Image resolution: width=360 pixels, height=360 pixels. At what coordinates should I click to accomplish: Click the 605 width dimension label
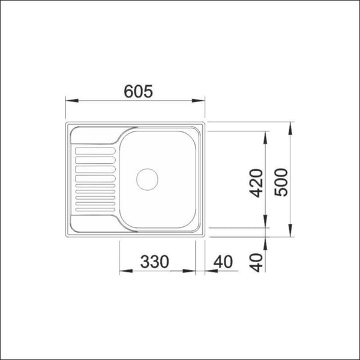coord(137,91)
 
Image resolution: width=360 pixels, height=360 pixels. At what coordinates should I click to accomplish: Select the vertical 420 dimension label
coord(257,184)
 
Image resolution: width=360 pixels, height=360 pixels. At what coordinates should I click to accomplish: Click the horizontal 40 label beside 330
coord(223,262)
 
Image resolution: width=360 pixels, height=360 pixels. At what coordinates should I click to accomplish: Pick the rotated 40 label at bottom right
coord(257,262)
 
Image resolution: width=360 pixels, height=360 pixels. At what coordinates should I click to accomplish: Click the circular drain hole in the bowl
coord(146,178)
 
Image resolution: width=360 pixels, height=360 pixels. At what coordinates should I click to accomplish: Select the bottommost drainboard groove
coord(94,209)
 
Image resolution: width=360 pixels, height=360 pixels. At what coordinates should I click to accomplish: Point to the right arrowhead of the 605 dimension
coord(203,101)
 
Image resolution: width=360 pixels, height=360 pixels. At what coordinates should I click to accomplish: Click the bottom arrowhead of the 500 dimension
coord(290,238)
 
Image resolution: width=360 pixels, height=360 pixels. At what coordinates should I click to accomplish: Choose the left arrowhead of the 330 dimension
coord(122,272)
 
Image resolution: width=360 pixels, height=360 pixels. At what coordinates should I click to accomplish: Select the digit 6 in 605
coord(128,91)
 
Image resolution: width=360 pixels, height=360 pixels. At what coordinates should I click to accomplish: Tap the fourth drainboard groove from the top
coord(94,170)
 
